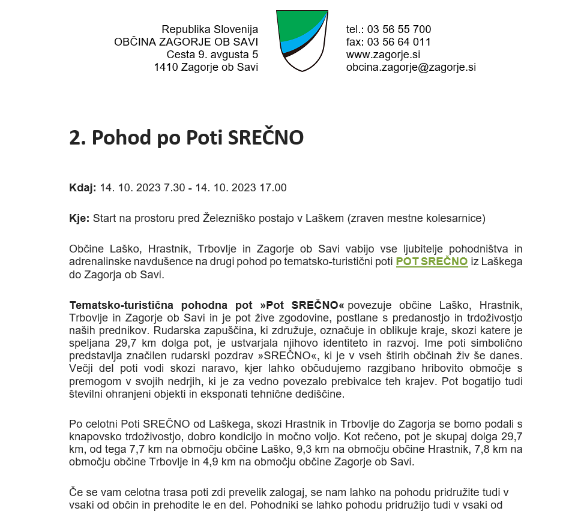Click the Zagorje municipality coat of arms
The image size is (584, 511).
[x=302, y=40]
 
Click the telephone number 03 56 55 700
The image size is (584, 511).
[x=399, y=29]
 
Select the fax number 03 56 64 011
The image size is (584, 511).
[x=399, y=42]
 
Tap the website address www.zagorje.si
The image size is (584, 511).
[x=383, y=55]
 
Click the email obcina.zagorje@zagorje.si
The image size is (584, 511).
[x=411, y=67]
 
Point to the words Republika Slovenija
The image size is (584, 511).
[x=209, y=29]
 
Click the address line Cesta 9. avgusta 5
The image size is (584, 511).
[x=212, y=55]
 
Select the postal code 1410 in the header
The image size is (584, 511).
[x=164, y=67]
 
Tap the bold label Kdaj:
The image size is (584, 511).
[x=82, y=188]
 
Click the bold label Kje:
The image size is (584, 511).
[x=79, y=218]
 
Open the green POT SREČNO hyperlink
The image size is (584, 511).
[x=432, y=261]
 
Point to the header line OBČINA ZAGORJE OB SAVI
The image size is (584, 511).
[x=186, y=42]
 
